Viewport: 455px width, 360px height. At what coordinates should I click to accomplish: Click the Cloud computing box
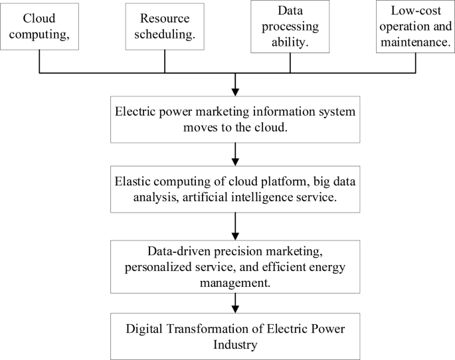[x=40, y=27]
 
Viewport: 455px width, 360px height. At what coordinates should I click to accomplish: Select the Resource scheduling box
[x=165, y=27]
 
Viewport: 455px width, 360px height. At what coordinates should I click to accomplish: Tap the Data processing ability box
[x=290, y=27]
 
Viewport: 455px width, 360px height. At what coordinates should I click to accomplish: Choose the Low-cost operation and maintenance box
[x=415, y=27]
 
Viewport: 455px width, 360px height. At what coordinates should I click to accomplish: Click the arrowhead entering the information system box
[x=235, y=92]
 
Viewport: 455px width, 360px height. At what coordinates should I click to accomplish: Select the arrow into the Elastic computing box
[x=235, y=161]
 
